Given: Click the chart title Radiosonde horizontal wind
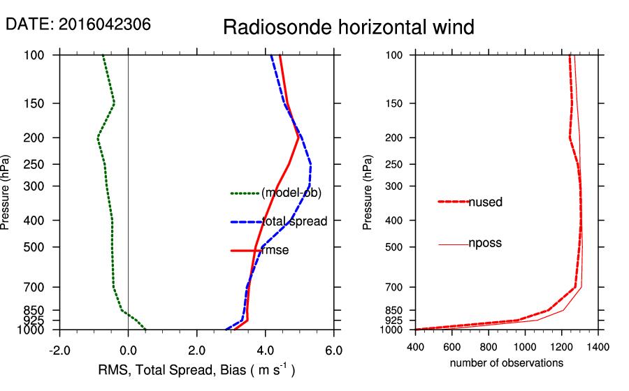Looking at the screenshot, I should coord(348,28).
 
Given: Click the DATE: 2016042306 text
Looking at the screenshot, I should coord(78,24).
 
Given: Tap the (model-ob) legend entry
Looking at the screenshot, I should coord(291,193).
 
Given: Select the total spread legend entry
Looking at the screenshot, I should coord(294,222).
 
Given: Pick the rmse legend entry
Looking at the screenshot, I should coord(275,251).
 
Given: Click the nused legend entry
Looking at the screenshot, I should coord(485,202).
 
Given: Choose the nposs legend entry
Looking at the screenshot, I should coord(485,244).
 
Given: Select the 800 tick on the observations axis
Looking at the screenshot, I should coord(489,346).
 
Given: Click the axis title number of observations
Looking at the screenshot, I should coord(506,363).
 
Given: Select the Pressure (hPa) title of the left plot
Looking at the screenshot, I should coord(6,191).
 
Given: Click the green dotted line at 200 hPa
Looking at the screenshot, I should coord(98,138).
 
